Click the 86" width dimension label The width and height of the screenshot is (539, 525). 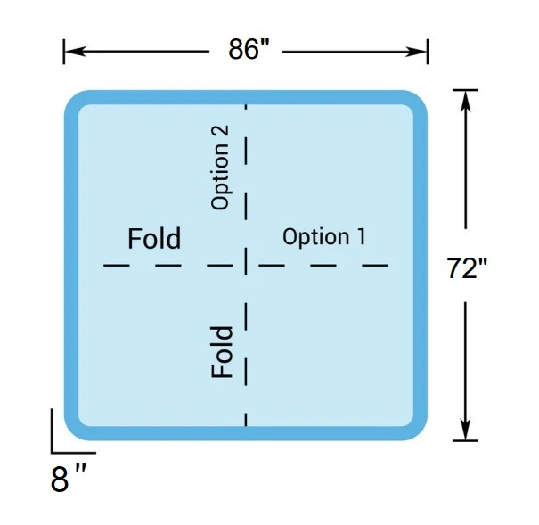[x=249, y=49]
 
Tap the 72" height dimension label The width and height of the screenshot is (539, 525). [x=467, y=268]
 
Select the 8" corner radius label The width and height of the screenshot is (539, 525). [x=68, y=479]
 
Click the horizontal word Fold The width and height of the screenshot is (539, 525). [x=154, y=238]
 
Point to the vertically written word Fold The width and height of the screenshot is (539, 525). [x=222, y=352]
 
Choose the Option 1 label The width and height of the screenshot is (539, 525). [x=324, y=237]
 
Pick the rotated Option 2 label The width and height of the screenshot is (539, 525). [x=220, y=167]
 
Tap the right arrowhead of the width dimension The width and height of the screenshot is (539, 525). [x=416, y=52]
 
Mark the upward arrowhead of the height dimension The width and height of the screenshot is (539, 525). [x=465, y=101]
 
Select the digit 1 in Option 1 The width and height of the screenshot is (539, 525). [x=362, y=236]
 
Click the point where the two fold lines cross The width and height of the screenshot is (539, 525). [x=246, y=265]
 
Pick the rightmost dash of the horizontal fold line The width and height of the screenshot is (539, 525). [x=375, y=265]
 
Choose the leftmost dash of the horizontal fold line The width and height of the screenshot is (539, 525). [x=117, y=265]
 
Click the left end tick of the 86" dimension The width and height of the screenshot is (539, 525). [x=64, y=52]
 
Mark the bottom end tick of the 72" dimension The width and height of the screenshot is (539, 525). [x=465, y=440]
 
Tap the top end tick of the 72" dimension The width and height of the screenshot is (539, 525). [x=465, y=90]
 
